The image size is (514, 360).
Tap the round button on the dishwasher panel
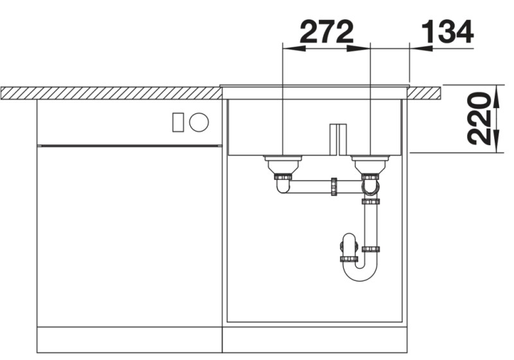[199, 122]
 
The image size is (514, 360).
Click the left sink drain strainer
[282, 158]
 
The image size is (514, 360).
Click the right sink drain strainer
[370, 158]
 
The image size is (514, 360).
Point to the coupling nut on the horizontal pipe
[333, 186]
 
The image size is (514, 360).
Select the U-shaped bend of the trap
[360, 273]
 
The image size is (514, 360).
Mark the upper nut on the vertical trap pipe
[370, 202]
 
